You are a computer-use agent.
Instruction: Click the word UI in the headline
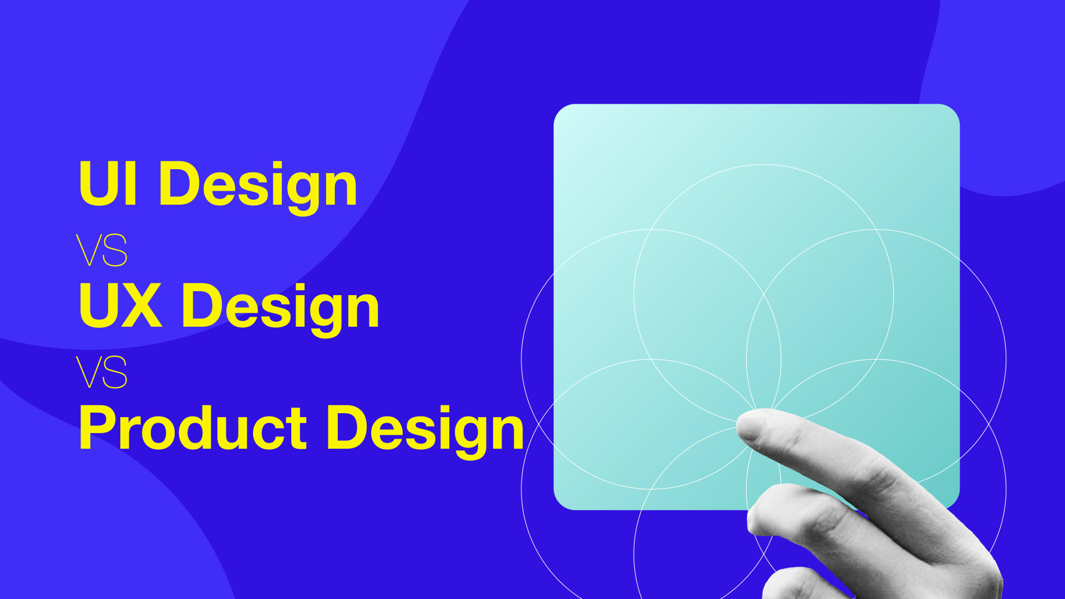pos(108,184)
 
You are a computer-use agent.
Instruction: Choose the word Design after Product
pos(425,429)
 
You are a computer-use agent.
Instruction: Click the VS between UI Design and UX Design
pos(102,250)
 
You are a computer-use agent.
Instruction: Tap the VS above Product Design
pos(102,372)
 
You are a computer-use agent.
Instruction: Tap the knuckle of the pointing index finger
pos(882,471)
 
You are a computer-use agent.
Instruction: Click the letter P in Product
pos(94,427)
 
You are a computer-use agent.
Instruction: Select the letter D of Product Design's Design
pos(346,427)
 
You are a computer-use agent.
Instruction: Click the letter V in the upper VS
pos(89,250)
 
